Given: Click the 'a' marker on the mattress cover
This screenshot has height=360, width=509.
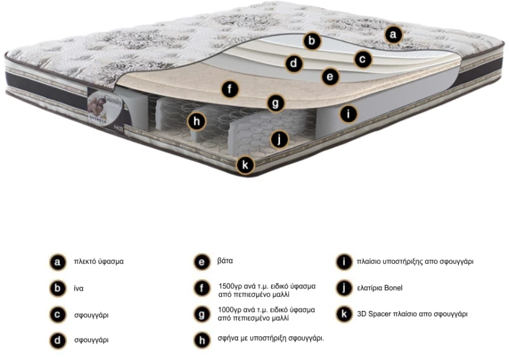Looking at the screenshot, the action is coord(393,34).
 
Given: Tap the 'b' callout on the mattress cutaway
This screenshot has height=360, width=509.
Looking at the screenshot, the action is coord(312,41).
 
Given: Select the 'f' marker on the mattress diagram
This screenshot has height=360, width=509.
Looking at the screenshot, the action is coord(230,89).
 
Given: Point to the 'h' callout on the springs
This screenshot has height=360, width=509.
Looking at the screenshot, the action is coord(197,121).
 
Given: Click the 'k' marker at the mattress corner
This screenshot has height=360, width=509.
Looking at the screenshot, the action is coord(245,165).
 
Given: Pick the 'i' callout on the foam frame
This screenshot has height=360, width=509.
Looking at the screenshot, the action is coord(348,114).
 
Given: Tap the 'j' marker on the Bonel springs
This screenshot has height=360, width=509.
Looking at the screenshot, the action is coord(279,139).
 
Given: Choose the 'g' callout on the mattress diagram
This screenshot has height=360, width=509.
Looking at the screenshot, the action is coord(275,104).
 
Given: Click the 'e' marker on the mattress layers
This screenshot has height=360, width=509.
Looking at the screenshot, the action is coord(330,76).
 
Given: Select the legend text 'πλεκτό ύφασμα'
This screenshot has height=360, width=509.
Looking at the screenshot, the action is coord(99,261).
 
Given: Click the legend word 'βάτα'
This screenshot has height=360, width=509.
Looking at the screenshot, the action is coord(225,261).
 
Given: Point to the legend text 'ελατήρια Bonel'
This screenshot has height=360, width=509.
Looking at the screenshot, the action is coord(379,288).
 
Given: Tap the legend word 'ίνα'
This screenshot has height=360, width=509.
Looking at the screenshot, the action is coord(78,288).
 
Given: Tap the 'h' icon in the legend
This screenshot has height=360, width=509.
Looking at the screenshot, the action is coord(202,340).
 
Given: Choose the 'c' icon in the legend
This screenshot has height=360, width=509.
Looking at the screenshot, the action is coord(57,315).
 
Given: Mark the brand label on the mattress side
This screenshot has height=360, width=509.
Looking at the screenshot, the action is coord(105,107).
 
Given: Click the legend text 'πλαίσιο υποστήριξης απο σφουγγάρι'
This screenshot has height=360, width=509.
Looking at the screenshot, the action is coord(415,261).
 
